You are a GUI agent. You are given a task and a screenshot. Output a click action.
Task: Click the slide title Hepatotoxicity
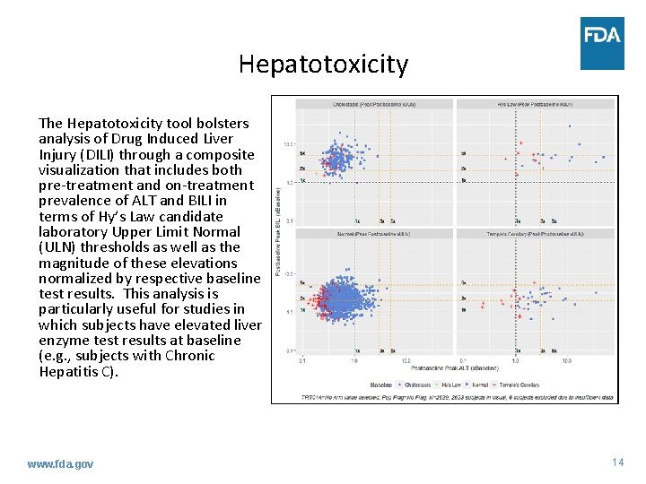coord(323,65)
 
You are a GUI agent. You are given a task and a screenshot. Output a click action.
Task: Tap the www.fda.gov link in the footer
coord(60,463)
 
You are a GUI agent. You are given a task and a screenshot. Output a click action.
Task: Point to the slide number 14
coord(617,462)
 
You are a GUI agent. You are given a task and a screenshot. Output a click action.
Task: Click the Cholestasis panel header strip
coord(377,104)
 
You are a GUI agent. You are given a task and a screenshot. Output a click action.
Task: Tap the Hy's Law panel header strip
coord(536,104)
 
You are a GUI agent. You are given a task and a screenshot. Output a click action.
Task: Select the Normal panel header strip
coord(377,233)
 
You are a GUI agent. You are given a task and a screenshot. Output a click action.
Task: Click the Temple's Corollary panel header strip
coord(536,233)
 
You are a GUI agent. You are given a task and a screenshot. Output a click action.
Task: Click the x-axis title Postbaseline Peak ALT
coord(455,368)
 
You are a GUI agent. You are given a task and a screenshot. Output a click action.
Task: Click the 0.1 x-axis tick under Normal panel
coord(302,361)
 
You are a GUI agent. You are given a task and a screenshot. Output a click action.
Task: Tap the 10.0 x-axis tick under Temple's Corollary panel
coord(567,361)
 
